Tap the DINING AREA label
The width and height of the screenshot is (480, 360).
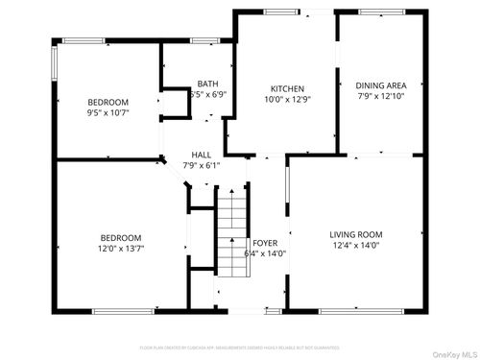[x=382, y=84]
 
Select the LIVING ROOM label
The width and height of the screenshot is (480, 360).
[x=356, y=234]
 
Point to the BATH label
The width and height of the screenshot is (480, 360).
[x=208, y=84]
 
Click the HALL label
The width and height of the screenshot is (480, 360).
[x=202, y=154]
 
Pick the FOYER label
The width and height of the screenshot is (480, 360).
[x=265, y=243]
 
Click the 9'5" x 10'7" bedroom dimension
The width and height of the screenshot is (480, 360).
[x=108, y=113]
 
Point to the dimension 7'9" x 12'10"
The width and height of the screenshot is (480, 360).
[x=382, y=96]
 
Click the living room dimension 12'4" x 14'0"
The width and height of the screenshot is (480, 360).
[x=356, y=247]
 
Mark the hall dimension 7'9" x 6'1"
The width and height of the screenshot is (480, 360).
[x=202, y=165]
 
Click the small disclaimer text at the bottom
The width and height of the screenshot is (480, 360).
[x=240, y=347]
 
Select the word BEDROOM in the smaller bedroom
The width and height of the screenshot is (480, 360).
[x=108, y=102]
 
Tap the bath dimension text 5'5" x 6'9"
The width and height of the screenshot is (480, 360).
[x=208, y=95]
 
